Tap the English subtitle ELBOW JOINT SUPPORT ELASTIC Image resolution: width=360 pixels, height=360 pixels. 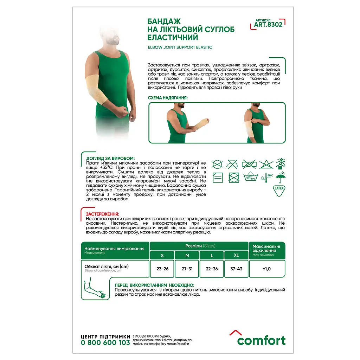(180, 47)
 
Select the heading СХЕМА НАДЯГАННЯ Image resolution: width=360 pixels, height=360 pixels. (168, 98)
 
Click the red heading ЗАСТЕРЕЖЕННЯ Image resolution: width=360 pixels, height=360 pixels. (102, 214)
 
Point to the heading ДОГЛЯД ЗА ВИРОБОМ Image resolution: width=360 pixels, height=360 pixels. (110, 159)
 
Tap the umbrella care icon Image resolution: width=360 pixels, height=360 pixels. (281, 177)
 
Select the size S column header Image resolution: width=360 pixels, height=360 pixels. (162, 255)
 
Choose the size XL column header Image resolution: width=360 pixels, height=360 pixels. (236, 255)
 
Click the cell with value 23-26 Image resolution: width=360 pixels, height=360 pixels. (162, 269)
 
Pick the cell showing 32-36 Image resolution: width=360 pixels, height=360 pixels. (212, 269)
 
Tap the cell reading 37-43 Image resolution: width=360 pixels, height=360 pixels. (236, 269)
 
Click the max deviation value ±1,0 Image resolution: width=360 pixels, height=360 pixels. (267, 269)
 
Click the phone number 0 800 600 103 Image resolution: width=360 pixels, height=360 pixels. (105, 343)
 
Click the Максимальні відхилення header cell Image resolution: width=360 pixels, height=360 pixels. (267, 250)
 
